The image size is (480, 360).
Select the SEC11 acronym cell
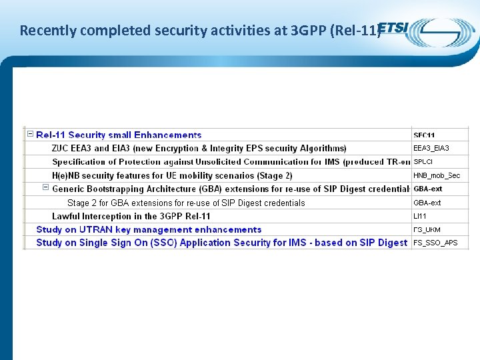[x=424, y=135]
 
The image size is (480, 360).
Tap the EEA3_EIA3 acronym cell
[x=431, y=148]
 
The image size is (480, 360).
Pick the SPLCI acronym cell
[x=423, y=161]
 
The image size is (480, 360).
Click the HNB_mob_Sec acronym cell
[x=437, y=175]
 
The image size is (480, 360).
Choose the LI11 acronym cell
[x=420, y=216]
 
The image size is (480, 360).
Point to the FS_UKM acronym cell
[x=427, y=229]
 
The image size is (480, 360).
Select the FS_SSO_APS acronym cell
[x=435, y=243]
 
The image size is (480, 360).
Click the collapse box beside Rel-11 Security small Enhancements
[x=30, y=134]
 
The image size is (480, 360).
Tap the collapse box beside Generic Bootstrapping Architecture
[x=45, y=188]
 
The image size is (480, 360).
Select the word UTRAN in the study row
[x=97, y=229]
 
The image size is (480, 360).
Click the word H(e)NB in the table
[x=67, y=175]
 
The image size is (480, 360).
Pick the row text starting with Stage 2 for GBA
[x=186, y=203]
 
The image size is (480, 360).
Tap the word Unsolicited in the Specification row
[x=219, y=161]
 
